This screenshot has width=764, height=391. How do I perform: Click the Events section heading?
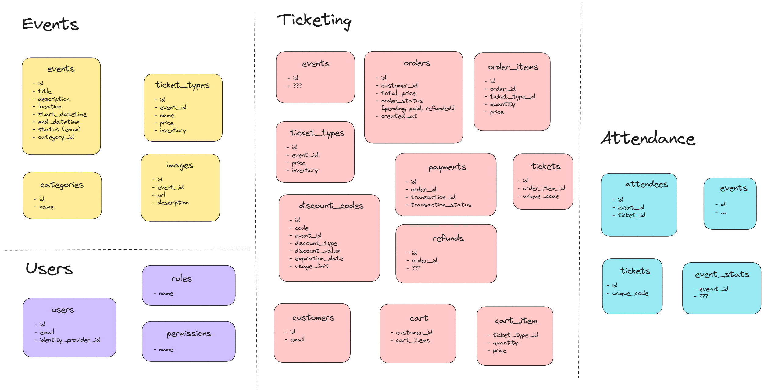(50, 24)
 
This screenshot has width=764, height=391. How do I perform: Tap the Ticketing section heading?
(314, 21)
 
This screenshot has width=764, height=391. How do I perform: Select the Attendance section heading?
(648, 138)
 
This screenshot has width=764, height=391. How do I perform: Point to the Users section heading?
(49, 269)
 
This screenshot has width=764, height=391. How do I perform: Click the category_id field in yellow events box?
(56, 137)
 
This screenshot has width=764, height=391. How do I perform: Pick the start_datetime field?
(62, 114)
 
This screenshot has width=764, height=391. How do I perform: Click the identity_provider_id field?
(70, 340)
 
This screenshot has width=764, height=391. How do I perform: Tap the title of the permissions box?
(189, 334)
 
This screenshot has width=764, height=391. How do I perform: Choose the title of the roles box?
(181, 278)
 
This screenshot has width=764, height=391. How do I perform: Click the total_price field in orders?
(398, 93)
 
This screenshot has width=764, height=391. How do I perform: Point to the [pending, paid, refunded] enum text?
(418, 109)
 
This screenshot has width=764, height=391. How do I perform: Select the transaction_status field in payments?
(441, 205)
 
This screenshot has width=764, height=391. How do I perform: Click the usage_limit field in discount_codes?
(311, 266)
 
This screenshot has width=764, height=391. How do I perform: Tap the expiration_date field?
(319, 259)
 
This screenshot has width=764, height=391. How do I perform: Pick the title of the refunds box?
(448, 238)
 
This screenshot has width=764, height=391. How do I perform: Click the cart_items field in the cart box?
(412, 340)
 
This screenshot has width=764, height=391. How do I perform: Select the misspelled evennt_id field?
(713, 289)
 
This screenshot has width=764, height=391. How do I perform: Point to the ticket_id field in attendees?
(631, 215)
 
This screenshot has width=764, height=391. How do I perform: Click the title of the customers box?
(313, 318)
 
